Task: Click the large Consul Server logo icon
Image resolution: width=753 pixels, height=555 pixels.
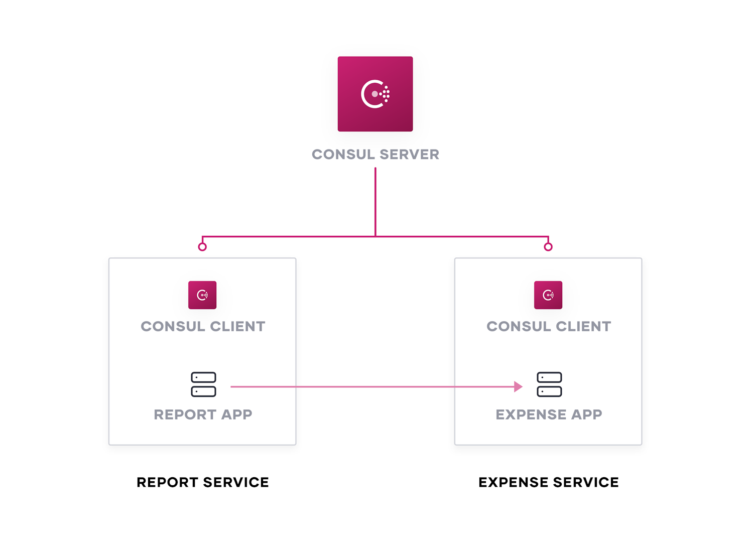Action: [x=375, y=94]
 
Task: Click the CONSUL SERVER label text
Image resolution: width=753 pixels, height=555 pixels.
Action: [x=375, y=155]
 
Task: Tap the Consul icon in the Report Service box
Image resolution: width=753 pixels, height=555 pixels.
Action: [x=202, y=295]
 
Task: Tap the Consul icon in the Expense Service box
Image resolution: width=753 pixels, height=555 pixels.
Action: [x=548, y=295]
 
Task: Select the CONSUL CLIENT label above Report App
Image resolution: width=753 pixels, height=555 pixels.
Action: [x=203, y=326]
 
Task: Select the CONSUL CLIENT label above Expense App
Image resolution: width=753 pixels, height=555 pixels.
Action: [x=549, y=326]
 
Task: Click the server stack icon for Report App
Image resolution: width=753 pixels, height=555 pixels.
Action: [x=203, y=384]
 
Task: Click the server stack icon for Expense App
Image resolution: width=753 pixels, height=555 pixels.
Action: [x=549, y=384]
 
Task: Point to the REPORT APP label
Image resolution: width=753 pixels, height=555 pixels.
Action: [x=203, y=414]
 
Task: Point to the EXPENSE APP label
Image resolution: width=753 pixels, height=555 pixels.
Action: [x=549, y=414]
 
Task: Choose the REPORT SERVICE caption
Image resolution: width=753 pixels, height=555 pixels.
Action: [x=203, y=482]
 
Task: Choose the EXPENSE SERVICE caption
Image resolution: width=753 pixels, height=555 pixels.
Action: [x=549, y=482]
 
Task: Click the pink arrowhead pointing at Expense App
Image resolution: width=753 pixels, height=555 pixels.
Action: [x=518, y=386]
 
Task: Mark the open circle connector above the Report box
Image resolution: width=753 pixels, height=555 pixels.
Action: [x=202, y=246]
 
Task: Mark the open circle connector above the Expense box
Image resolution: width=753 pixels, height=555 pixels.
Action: [x=548, y=246]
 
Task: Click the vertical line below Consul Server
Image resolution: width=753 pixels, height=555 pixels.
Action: [x=375, y=201]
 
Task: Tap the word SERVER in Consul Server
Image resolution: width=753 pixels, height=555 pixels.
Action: [x=410, y=155]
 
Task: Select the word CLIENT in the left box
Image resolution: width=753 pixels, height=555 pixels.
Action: [x=237, y=326]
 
